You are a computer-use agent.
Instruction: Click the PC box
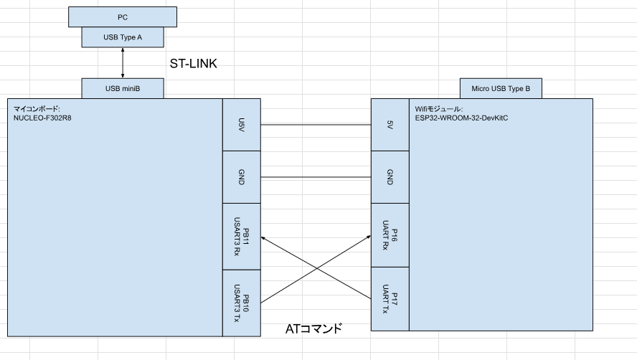click(x=122, y=17)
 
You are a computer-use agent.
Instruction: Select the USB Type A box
click(x=123, y=37)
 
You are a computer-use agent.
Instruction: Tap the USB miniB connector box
click(x=123, y=89)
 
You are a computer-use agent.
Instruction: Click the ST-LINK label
click(x=194, y=63)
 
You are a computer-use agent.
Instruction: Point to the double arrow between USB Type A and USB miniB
click(x=123, y=63)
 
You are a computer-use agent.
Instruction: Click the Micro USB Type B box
click(x=501, y=89)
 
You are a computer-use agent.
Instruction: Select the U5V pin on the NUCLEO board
click(x=242, y=125)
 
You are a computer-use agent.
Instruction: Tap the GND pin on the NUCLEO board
click(x=242, y=177)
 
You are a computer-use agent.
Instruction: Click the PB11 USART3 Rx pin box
click(x=242, y=237)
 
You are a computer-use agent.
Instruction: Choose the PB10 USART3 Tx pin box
click(x=242, y=303)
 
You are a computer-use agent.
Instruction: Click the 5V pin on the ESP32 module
click(x=390, y=125)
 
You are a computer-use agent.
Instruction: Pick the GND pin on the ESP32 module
click(x=390, y=177)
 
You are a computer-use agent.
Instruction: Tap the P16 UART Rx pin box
click(x=390, y=235)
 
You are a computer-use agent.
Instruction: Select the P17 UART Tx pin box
click(x=390, y=299)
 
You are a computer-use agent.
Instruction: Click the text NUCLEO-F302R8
click(x=42, y=118)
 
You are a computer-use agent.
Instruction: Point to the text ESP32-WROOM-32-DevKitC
click(x=461, y=118)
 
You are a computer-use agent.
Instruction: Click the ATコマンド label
click(x=313, y=328)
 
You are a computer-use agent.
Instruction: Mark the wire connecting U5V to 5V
click(x=316, y=125)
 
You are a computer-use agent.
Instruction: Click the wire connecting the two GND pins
click(x=316, y=177)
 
